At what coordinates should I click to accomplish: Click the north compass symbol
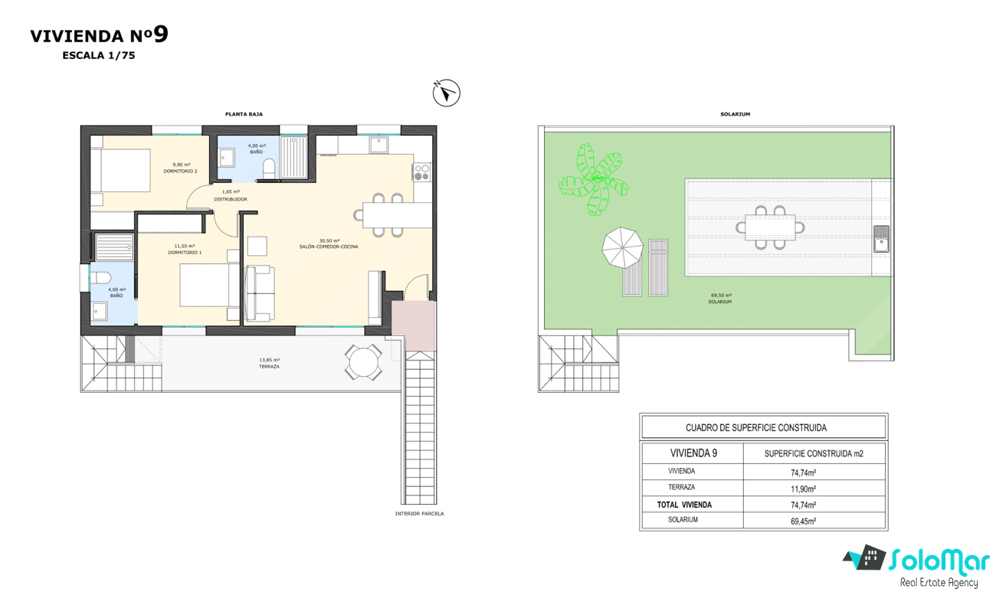coord(447,93)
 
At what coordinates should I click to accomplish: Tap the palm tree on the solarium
coord(594,179)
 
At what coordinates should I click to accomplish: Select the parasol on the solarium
coord(622,247)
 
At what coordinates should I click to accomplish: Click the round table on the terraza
coord(363,362)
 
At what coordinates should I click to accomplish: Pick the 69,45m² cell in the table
coord(803,521)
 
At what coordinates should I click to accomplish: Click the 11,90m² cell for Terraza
coord(803,489)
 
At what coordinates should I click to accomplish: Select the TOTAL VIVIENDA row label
coord(684,505)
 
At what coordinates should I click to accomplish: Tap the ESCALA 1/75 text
coord(99,56)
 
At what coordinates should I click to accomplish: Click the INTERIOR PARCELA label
coord(419,514)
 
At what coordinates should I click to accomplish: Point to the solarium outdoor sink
coord(881,239)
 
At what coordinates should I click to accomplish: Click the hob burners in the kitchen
coord(422,172)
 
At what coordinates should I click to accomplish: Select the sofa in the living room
coord(260,293)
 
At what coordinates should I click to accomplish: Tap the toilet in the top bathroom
coord(269,169)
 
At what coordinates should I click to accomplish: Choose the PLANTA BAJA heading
coord(244,114)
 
